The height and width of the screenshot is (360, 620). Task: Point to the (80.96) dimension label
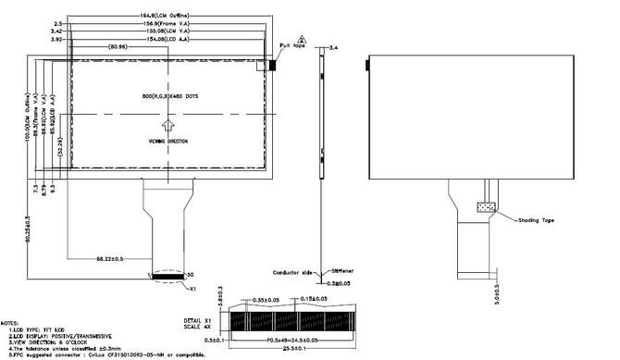(x=117, y=47)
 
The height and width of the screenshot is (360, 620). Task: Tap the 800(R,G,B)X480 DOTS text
(x=167, y=96)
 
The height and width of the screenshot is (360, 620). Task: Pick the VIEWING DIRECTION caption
(x=167, y=142)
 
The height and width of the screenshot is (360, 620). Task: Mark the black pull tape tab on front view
(x=274, y=65)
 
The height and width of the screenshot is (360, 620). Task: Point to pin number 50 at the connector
(x=191, y=276)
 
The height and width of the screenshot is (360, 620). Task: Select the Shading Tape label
(x=536, y=219)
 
